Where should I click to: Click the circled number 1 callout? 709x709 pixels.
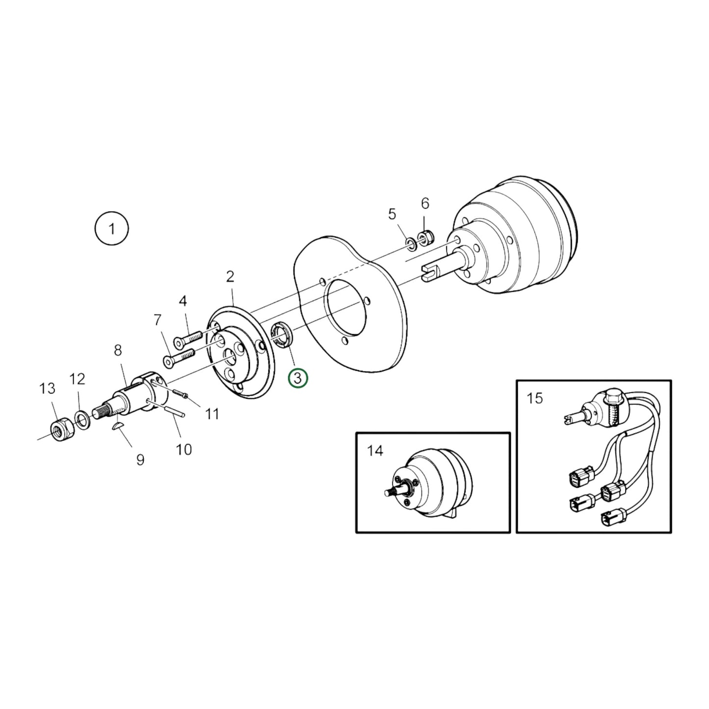coord(112,229)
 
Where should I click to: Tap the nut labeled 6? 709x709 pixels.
coord(426,237)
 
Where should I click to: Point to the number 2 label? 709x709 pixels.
coord(230,277)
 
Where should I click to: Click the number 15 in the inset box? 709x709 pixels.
coord(535,398)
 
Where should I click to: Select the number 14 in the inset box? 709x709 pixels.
coord(375,450)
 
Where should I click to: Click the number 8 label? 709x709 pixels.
coord(118,351)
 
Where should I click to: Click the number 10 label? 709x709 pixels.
coord(184,449)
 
